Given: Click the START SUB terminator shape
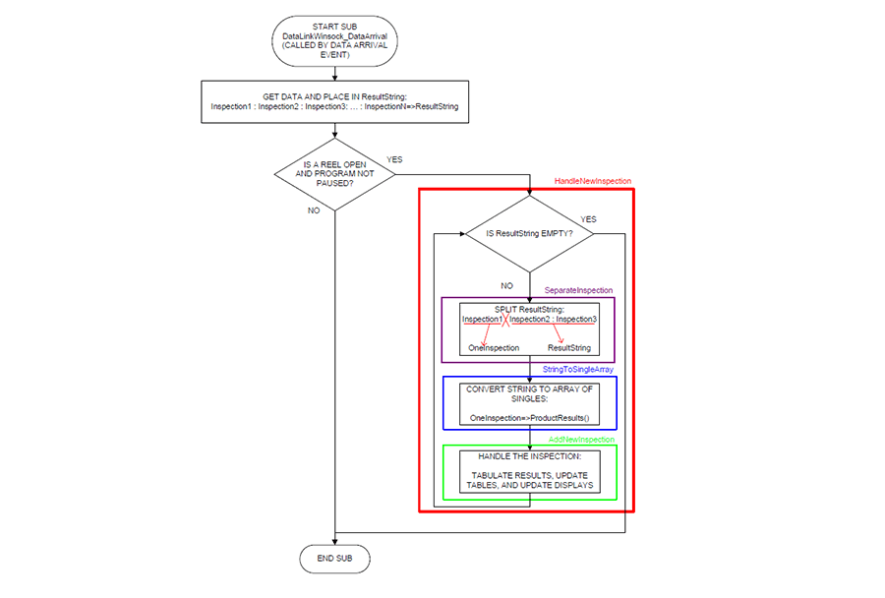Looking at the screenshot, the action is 334,40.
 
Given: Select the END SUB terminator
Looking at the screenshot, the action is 334,559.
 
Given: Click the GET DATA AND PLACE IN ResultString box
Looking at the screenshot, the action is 334,101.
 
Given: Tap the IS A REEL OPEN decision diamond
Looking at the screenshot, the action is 334,174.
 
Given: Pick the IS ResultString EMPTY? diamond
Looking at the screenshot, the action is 529,234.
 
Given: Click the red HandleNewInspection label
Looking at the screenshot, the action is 593,181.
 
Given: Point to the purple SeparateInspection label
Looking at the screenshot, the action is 578,290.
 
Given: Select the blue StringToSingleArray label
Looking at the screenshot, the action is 578,369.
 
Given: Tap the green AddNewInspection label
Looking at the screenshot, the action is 581,440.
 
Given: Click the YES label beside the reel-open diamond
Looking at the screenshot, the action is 394,159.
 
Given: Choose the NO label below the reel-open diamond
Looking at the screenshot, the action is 314,210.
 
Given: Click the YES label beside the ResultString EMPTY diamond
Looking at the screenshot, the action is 589,219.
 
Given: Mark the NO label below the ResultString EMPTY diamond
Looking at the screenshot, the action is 506,286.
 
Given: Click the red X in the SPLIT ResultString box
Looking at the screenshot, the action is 505,320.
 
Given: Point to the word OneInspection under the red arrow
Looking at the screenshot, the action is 494,348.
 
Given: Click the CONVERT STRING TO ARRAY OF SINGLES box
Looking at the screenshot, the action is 529,403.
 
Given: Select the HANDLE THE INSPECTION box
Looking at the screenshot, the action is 529,471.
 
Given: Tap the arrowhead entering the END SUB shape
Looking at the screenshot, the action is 334,542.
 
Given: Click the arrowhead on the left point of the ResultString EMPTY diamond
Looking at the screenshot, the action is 462,234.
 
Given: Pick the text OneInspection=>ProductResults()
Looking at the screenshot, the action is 529,418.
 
